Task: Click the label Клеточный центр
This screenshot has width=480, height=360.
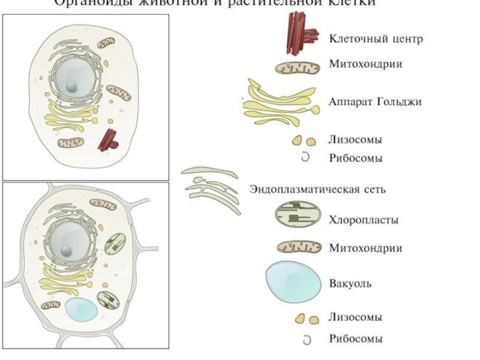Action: pos(376,39)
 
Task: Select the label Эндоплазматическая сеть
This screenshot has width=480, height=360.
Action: pos(317,190)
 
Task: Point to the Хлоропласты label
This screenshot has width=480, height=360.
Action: pos(364,220)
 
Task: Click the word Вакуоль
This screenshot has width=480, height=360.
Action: pos(350,283)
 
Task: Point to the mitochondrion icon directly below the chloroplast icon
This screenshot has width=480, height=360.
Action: pos(298,248)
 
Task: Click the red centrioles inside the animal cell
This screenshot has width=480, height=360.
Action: pos(109,139)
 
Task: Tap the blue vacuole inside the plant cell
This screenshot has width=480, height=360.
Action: pos(82,309)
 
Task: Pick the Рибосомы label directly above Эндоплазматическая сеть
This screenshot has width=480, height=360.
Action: pos(355,158)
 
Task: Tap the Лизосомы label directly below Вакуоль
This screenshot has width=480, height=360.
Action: pos(355,317)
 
